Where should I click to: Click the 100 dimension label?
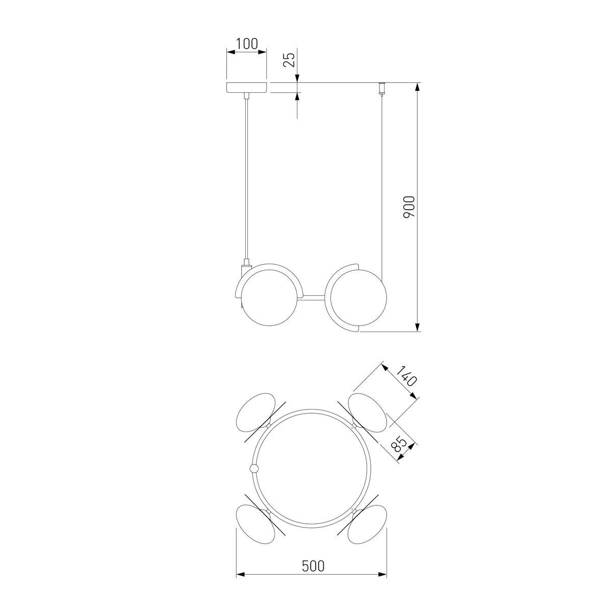point(247,44)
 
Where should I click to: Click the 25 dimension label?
point(289,59)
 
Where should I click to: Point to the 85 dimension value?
point(399,445)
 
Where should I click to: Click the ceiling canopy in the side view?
point(246,88)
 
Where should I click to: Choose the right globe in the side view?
point(359,297)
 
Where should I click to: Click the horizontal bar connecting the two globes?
point(312,297)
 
